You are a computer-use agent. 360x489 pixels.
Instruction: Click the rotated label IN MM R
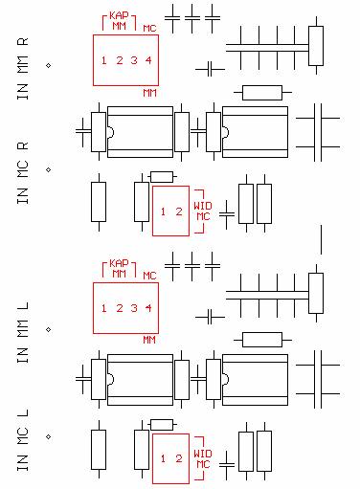click(x=22, y=69)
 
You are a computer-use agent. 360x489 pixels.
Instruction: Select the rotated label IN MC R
click(x=22, y=173)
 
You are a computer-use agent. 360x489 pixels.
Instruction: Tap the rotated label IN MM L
click(x=22, y=332)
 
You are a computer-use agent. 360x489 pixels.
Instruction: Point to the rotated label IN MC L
click(x=22, y=440)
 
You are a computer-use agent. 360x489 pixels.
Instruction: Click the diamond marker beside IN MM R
click(x=49, y=66)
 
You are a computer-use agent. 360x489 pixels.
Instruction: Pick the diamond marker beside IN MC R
click(x=49, y=169)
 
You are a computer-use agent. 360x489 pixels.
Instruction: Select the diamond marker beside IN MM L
click(x=49, y=329)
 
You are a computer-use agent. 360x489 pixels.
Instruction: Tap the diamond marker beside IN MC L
click(x=49, y=436)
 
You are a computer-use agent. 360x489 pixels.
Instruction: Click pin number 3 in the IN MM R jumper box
click(x=134, y=60)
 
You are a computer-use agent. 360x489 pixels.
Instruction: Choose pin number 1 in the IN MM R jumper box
click(x=103, y=60)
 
